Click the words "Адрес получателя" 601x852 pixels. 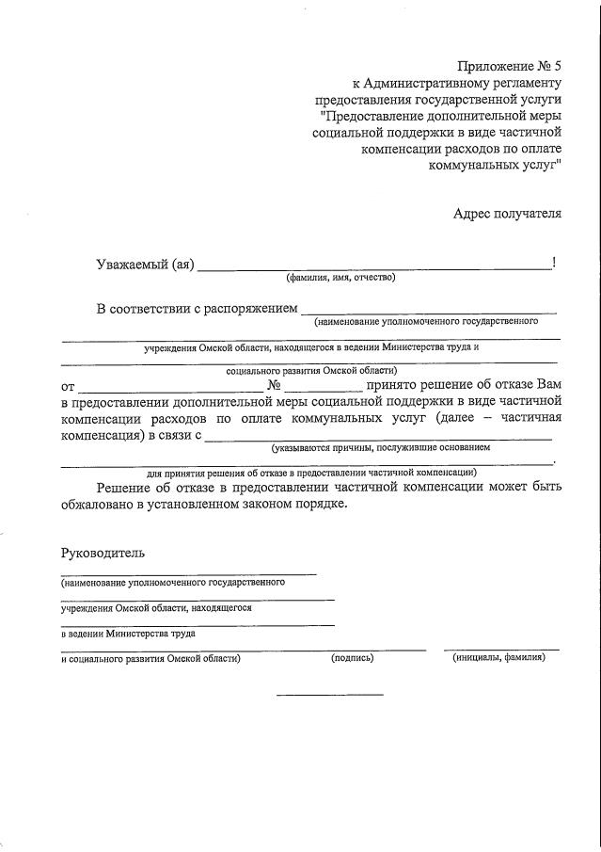[507, 213]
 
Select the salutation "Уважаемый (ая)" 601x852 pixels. [145, 264]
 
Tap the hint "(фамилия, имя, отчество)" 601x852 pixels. [341, 278]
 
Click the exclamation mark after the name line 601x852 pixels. [555, 263]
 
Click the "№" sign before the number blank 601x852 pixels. [274, 385]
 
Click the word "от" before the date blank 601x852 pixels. [68, 386]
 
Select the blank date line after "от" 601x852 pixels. [171, 390]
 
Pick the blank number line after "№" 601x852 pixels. [323, 390]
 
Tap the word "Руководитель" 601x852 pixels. [103, 552]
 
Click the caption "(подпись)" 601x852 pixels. [353, 658]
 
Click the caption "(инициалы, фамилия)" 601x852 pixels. [499, 658]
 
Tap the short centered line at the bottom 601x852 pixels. [329, 696]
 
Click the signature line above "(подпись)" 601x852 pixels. [376, 649]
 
